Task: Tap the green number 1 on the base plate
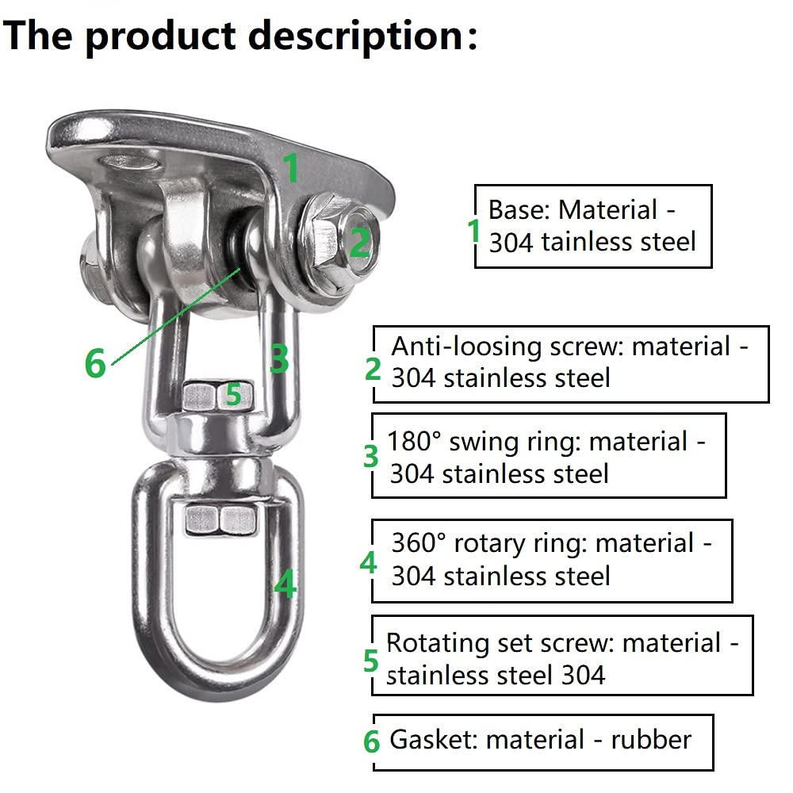[x=290, y=167]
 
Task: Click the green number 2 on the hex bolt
[x=359, y=243]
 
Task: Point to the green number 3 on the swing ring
[x=278, y=358]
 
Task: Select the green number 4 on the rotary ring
[x=285, y=584]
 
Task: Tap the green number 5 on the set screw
[x=233, y=394]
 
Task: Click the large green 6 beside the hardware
[x=95, y=363]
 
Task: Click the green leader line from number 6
[x=175, y=316]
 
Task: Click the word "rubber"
[x=651, y=740]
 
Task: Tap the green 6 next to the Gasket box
[x=371, y=741]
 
